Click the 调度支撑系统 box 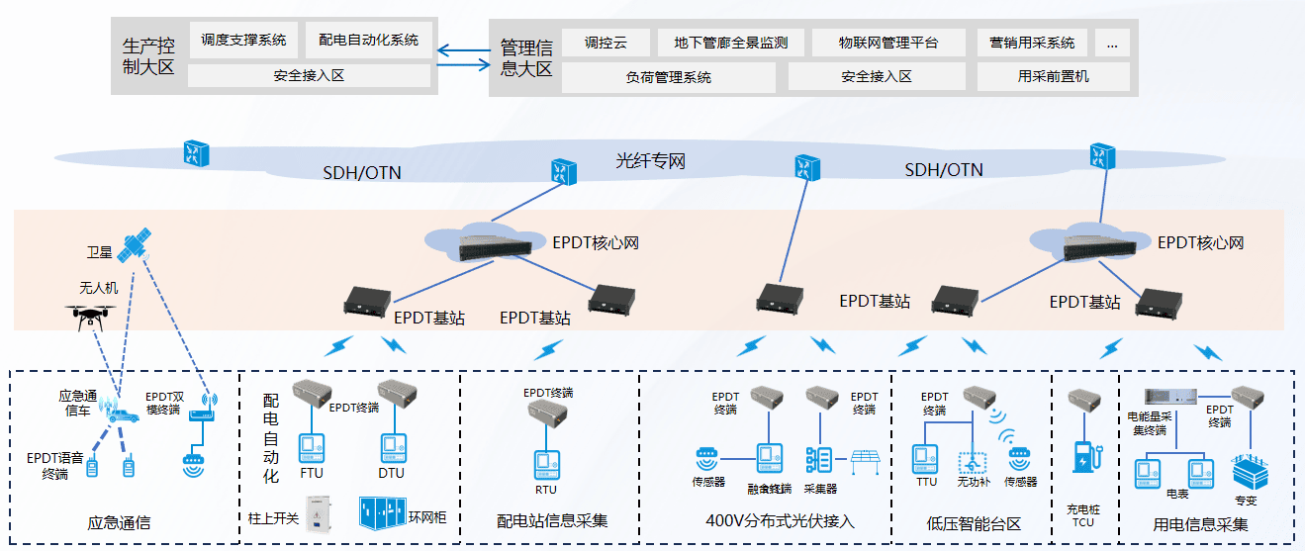point(243,41)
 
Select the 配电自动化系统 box point(368,41)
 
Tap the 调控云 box point(606,43)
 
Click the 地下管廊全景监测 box point(730,43)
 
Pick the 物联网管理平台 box point(887,43)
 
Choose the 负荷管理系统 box point(668,76)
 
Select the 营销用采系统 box point(1032,43)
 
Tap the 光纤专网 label point(650,160)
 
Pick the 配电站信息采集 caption point(552,520)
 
